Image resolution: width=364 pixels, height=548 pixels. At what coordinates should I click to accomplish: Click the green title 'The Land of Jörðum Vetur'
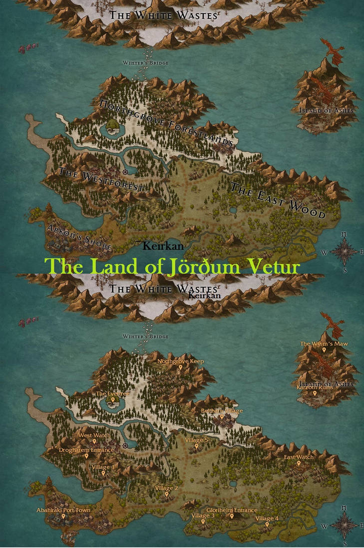click(172, 266)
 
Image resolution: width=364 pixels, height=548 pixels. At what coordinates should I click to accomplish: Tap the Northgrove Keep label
click(181, 361)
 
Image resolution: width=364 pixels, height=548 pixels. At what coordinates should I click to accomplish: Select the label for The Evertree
click(113, 394)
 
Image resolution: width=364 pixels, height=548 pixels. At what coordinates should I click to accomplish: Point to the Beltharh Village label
click(222, 411)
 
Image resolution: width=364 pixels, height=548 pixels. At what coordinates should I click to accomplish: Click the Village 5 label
click(196, 440)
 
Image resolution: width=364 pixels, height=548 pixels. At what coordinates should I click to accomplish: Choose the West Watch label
click(94, 435)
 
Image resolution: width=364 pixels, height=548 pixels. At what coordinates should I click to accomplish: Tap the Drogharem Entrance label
click(86, 450)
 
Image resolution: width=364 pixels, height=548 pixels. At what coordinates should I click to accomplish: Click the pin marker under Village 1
click(103, 473)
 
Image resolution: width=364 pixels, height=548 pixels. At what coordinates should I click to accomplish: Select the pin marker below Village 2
click(167, 494)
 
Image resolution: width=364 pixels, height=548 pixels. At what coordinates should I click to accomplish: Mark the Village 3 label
click(203, 515)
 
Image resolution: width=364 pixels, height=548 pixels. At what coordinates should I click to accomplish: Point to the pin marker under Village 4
click(267, 524)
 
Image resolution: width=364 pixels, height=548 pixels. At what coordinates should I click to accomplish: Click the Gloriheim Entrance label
click(232, 510)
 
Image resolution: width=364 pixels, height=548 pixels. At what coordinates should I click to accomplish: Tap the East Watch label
click(299, 457)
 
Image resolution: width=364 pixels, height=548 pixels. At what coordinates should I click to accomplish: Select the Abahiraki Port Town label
click(63, 510)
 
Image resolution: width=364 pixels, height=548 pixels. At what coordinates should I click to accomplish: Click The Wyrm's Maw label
click(324, 344)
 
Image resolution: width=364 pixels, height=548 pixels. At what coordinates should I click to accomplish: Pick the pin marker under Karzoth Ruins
click(315, 393)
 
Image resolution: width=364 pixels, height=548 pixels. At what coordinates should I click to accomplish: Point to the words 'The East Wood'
click(278, 201)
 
